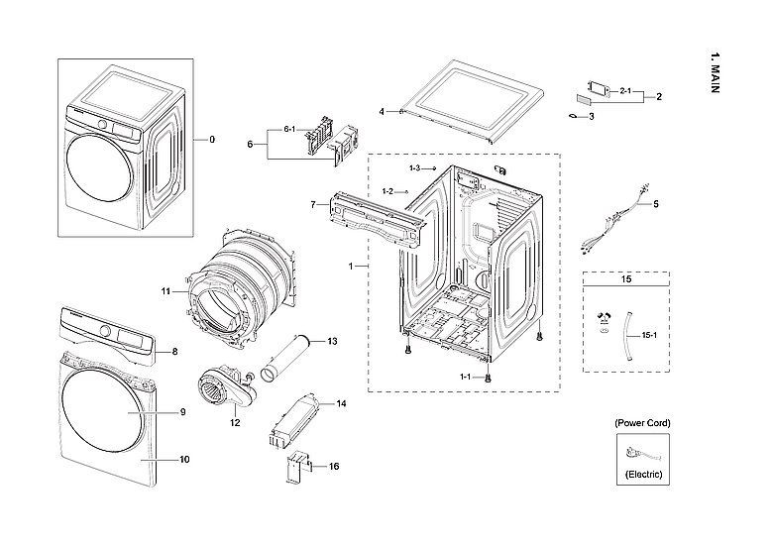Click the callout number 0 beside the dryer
click(210, 140)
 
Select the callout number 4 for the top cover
click(382, 111)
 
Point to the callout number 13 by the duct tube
click(332, 341)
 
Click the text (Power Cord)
click(642, 423)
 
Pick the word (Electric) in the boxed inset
click(642, 476)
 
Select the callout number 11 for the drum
click(166, 291)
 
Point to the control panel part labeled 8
click(109, 340)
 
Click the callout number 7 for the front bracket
click(313, 205)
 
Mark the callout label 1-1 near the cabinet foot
click(465, 377)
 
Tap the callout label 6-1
click(290, 130)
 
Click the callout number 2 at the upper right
click(659, 96)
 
